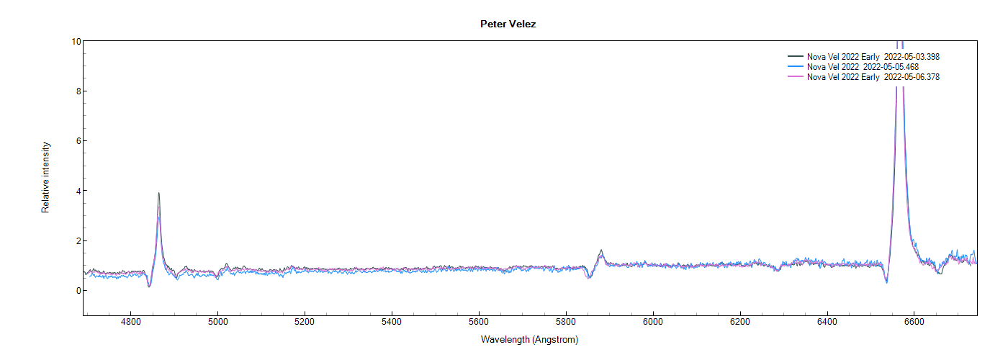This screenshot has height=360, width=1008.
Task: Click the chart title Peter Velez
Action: (508, 24)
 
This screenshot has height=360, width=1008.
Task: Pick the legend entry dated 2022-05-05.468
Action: (863, 66)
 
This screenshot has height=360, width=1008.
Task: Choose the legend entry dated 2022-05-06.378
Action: (873, 77)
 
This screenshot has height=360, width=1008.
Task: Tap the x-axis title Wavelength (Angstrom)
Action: (529, 339)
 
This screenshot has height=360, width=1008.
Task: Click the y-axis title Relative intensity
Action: (45, 178)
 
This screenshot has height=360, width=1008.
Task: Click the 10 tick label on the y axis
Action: (76, 41)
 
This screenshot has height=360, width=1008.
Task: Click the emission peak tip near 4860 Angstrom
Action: (158, 193)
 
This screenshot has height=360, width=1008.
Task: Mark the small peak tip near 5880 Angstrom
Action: (601, 251)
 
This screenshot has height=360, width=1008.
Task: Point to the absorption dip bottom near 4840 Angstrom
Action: (149, 287)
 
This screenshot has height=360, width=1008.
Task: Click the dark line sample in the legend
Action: (796, 56)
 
